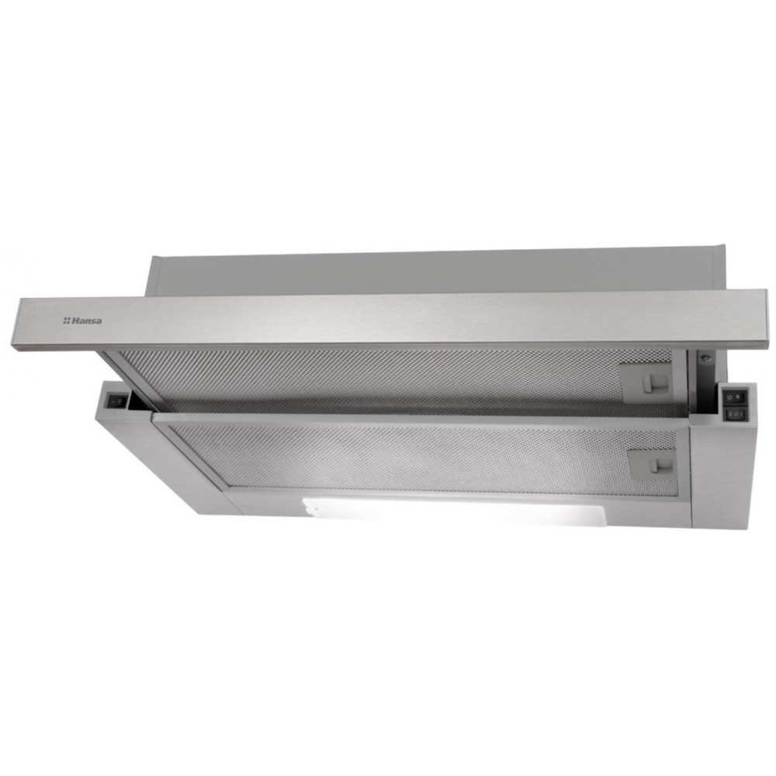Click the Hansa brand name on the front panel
point(87,321)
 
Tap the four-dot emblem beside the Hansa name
point(66,321)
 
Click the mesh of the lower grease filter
point(406,458)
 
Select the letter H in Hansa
point(75,321)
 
